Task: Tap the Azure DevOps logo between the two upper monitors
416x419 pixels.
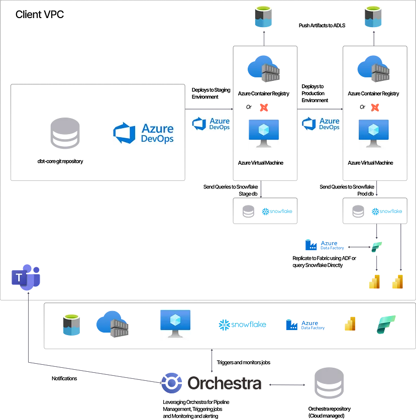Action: [x=320, y=123]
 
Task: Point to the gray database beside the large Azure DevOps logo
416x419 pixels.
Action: [x=66, y=134]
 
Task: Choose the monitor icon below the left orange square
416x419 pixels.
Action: [x=263, y=134]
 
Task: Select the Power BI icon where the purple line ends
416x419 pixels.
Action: [x=373, y=284]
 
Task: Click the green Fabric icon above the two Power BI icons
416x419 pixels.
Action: [x=377, y=248]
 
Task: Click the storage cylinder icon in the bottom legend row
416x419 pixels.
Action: [x=70, y=325]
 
